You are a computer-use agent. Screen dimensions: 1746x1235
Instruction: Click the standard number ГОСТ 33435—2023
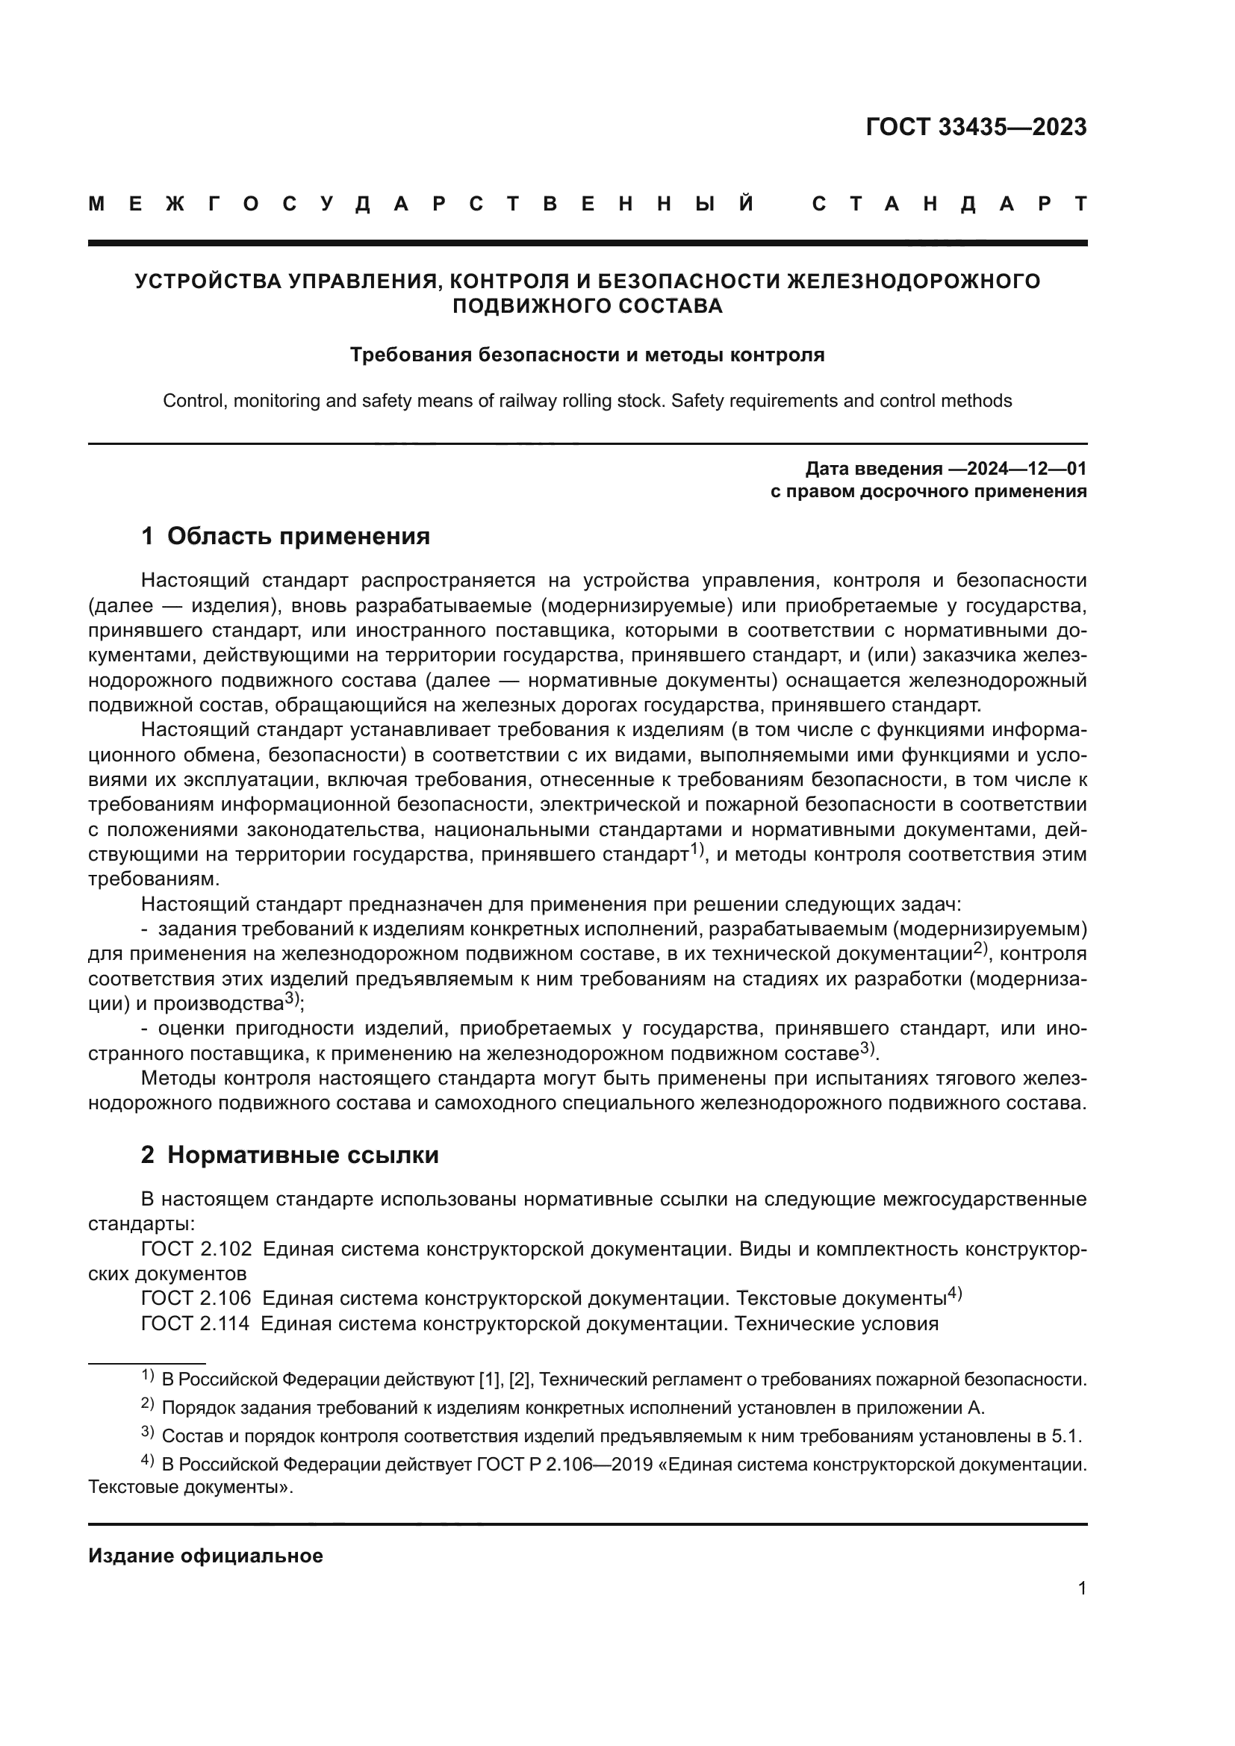click(x=976, y=127)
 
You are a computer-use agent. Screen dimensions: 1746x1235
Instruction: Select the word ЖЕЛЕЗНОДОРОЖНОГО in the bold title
click(x=913, y=281)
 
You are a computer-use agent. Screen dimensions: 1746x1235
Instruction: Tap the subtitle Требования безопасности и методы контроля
click(x=587, y=355)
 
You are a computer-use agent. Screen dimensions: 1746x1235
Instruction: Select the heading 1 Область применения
click(x=285, y=536)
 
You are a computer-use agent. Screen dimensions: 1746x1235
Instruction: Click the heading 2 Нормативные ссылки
click(x=290, y=1155)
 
